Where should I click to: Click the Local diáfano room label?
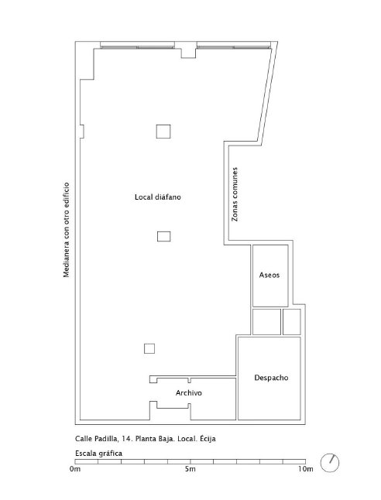pyautogui.click(x=158, y=197)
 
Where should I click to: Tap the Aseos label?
pyautogui.click(x=269, y=275)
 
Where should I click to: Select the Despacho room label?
pyautogui.click(x=271, y=378)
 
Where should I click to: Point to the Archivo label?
pyautogui.click(x=189, y=393)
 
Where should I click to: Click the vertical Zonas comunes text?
pyautogui.click(x=235, y=194)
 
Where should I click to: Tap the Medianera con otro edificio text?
pyautogui.click(x=67, y=230)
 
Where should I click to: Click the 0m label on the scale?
pyautogui.click(x=75, y=469)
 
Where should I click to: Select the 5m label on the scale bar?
pyautogui.click(x=190, y=469)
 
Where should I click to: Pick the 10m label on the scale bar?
pyautogui.click(x=306, y=469)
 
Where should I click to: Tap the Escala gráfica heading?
pyautogui.click(x=98, y=454)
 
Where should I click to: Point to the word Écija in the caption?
pyautogui.click(x=208, y=438)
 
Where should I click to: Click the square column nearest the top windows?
pyautogui.click(x=163, y=132)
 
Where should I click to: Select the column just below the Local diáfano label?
pyautogui.click(x=163, y=237)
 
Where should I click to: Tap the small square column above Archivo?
pyautogui.click(x=149, y=348)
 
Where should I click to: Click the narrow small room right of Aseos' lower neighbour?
pyautogui.click(x=292, y=322)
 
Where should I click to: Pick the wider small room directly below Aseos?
pyautogui.click(x=266, y=322)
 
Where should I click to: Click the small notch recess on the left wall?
pyautogui.click(x=81, y=132)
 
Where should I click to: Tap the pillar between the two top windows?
pyautogui.click(x=188, y=50)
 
